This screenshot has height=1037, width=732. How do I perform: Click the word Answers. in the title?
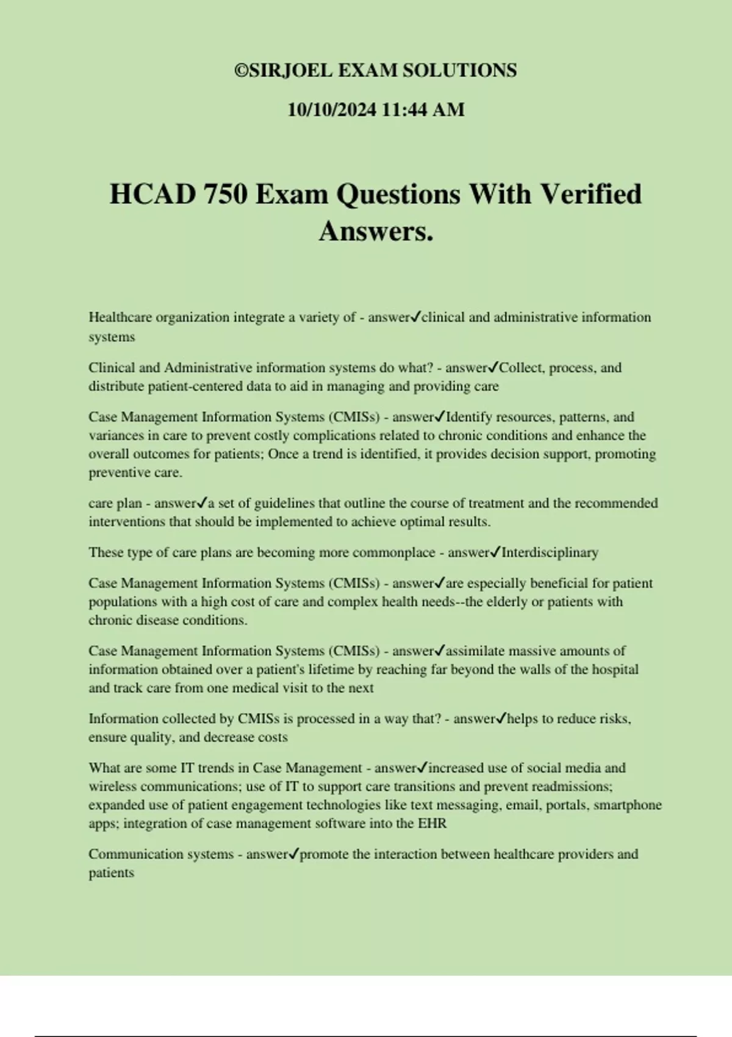pyautogui.click(x=376, y=231)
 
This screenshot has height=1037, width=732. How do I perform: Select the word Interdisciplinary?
pyautogui.click(x=550, y=553)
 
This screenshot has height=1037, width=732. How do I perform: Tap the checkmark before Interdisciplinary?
pyautogui.click(x=496, y=553)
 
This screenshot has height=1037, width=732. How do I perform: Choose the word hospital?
pyautogui.click(x=614, y=670)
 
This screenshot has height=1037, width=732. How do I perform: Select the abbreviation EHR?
pyautogui.click(x=432, y=823)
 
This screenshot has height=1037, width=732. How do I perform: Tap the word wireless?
pyautogui.click(x=112, y=787)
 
